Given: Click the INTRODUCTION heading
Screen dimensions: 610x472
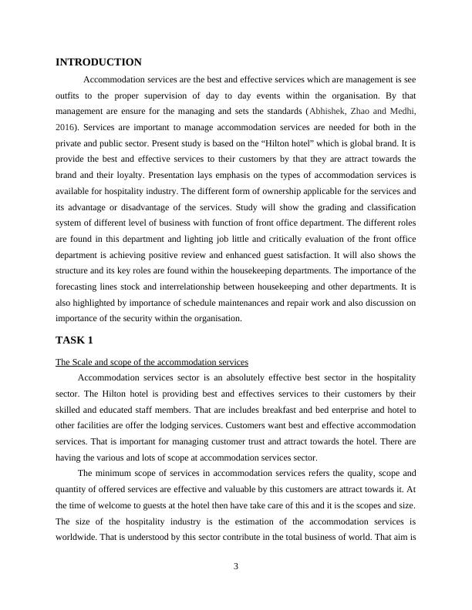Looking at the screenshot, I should coord(99,62).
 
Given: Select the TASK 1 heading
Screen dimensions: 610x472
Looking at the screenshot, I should coord(76,340).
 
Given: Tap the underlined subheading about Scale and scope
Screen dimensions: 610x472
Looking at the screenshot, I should coord(152,362).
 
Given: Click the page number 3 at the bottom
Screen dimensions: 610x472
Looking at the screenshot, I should coord(236,567).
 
